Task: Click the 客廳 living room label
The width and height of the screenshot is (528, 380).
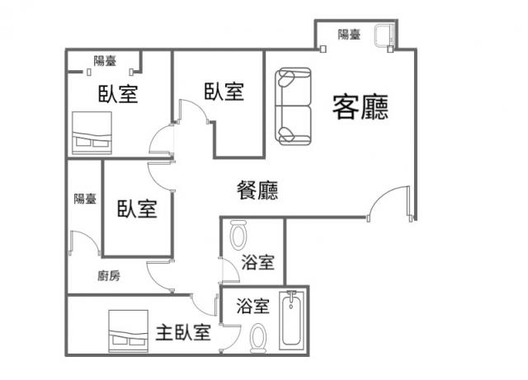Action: coord(361,107)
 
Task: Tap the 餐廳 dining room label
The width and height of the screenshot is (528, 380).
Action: coord(257,190)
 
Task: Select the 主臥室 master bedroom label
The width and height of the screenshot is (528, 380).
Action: coord(183,332)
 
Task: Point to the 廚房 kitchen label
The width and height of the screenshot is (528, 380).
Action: coord(109,276)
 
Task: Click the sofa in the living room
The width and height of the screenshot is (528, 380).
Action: coord(294,106)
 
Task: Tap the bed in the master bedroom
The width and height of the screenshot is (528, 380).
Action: coord(129,331)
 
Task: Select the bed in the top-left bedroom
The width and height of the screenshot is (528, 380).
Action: coord(92,133)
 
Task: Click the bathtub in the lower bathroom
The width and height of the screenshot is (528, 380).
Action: coord(291,321)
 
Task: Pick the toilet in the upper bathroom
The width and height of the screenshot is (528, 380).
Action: coord(238,235)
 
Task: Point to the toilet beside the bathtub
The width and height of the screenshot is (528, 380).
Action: coord(258,338)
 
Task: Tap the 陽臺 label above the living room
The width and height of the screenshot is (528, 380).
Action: coord(349,35)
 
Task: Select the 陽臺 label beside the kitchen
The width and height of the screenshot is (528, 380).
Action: coord(85,199)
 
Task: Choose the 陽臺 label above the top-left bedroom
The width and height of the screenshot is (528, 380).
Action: coord(105,61)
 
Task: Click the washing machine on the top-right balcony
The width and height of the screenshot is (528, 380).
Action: coord(384,35)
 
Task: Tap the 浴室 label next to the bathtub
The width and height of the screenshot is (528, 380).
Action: coord(253,306)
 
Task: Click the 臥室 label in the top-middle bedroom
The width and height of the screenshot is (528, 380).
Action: coord(224,91)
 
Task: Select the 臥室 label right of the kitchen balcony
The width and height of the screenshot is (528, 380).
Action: coord(137,209)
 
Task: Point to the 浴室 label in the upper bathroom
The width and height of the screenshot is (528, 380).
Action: coord(258,262)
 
